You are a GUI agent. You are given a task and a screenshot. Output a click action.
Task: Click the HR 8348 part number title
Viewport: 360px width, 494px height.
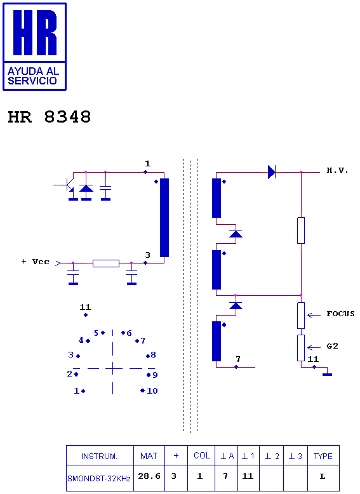click(x=49, y=117)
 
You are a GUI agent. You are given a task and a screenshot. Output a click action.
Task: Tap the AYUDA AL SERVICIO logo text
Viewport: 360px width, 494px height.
click(x=33, y=76)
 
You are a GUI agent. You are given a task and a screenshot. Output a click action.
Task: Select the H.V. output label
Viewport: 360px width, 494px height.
click(x=337, y=170)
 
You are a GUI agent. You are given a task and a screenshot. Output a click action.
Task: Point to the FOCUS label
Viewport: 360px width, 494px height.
click(x=340, y=314)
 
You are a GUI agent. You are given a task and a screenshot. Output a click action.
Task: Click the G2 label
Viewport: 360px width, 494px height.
click(x=332, y=346)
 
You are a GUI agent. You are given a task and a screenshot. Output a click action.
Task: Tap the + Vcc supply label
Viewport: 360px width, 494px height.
click(x=36, y=262)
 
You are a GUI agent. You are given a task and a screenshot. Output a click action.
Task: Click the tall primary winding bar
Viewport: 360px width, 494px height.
click(x=164, y=218)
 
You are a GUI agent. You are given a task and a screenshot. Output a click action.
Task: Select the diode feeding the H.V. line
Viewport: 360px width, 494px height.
click(x=272, y=172)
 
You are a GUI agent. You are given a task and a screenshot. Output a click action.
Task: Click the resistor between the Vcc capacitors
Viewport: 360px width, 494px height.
click(x=106, y=264)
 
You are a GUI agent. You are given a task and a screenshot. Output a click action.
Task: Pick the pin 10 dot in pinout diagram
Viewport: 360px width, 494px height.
click(x=142, y=391)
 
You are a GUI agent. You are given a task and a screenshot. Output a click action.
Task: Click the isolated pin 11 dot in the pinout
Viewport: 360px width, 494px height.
click(x=86, y=315)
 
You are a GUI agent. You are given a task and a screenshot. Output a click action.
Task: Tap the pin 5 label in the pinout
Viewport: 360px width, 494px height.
click(x=96, y=333)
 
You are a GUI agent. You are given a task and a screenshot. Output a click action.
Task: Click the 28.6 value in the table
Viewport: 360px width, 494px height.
click(x=149, y=476)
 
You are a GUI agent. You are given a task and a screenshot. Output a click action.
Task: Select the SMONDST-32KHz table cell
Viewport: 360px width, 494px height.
click(x=99, y=478)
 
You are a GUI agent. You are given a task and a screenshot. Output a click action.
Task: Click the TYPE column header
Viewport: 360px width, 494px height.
click(x=323, y=456)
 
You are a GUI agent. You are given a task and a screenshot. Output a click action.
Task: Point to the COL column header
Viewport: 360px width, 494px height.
click(x=201, y=455)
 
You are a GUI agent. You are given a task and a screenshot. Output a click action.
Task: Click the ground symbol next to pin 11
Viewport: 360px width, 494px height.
click(x=327, y=374)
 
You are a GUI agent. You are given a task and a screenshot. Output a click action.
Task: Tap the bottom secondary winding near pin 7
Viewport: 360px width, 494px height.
click(x=217, y=341)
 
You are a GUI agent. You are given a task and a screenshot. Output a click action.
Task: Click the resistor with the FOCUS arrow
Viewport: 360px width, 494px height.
click(x=301, y=316)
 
